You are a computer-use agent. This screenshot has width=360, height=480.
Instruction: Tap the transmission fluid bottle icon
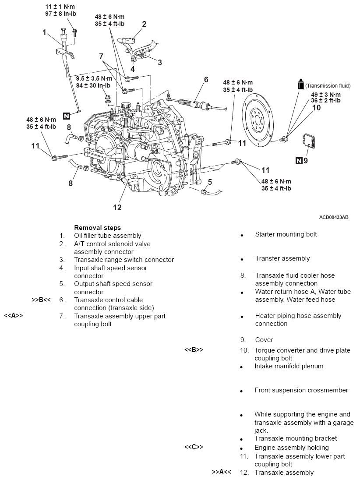300,85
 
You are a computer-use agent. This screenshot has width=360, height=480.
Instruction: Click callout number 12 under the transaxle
117,207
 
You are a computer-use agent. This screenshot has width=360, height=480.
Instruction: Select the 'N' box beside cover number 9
299,160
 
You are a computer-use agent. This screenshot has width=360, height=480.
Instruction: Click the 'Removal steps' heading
97,228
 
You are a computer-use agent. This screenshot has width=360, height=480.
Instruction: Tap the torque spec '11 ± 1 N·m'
61,7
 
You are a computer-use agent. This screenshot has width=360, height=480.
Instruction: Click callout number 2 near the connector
144,24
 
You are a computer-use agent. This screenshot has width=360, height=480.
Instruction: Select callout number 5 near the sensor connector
210,181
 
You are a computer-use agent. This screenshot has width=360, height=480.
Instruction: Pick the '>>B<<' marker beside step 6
42,300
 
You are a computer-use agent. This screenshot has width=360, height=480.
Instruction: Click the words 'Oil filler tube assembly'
108,236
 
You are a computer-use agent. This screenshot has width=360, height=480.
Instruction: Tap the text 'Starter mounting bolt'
286,234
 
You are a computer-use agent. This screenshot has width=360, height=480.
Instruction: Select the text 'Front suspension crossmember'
301,390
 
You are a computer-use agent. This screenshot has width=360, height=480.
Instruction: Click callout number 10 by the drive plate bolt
316,108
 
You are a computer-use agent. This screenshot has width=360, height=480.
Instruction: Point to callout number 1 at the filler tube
45,32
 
